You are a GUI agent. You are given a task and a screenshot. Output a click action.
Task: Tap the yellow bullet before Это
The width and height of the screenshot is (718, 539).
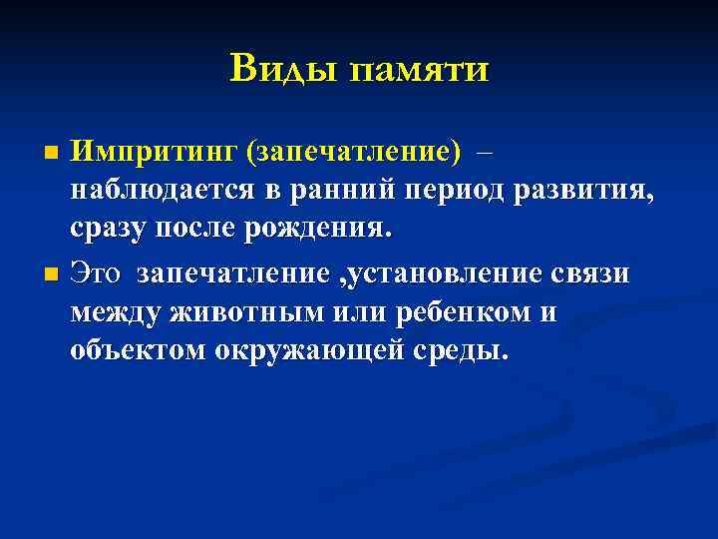pyautogui.click(x=53, y=274)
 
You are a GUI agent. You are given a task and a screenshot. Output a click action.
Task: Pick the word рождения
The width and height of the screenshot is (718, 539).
pyautogui.click(x=325, y=231)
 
